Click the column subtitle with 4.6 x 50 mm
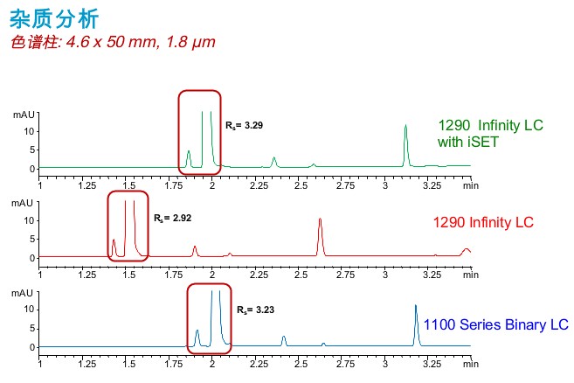tap(113, 42)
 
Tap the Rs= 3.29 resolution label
tap(244, 126)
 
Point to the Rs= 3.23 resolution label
tap(257, 310)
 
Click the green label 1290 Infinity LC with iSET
tap(490, 133)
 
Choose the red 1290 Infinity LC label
tap(483, 222)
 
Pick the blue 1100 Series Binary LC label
tap(496, 325)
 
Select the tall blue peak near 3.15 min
tap(416, 324)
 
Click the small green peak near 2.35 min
tap(274, 162)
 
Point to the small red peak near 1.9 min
tap(195, 251)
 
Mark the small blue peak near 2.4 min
tap(284, 340)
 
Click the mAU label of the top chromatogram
tap(23, 115)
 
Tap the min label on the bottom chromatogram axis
tap(471, 363)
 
